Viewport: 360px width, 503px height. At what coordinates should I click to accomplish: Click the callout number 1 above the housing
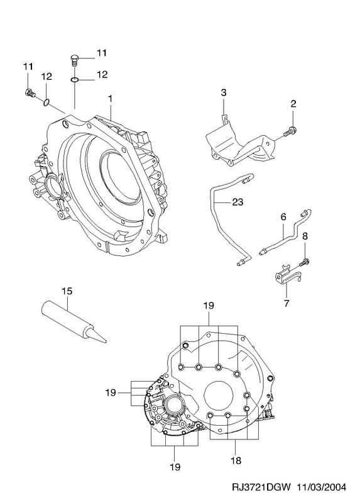tap(110, 99)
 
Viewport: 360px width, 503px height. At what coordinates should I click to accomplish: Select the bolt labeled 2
tap(290, 131)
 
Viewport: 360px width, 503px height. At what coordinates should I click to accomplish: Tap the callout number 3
tap(224, 92)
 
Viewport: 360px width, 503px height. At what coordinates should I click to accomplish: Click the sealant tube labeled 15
tap(74, 323)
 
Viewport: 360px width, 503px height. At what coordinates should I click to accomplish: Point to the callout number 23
tap(237, 202)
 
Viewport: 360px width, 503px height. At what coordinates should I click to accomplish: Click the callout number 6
tap(283, 216)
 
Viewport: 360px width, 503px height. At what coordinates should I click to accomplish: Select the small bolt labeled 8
tap(304, 262)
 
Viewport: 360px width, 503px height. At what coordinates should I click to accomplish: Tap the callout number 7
tap(286, 302)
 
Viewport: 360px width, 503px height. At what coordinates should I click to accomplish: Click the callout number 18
tap(236, 461)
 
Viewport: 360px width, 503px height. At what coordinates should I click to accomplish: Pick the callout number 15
tap(67, 291)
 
